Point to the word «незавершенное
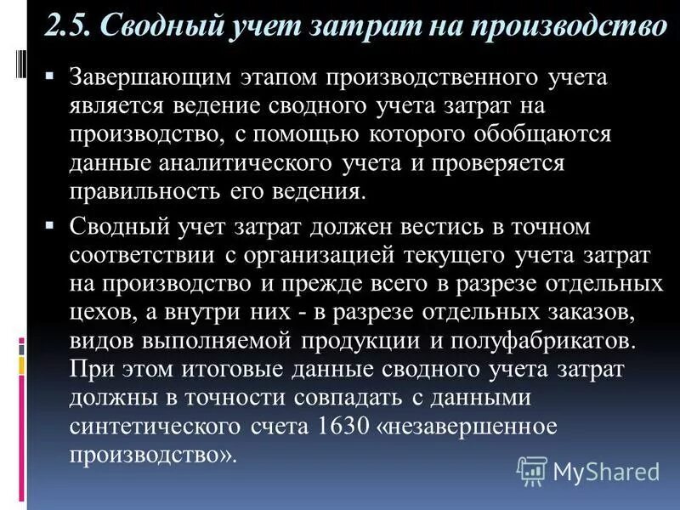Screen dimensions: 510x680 click(481, 427)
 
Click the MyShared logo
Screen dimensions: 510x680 click(588, 470)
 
